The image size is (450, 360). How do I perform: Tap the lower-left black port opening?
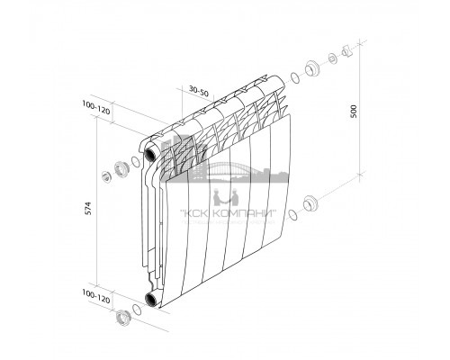coord(148,300)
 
